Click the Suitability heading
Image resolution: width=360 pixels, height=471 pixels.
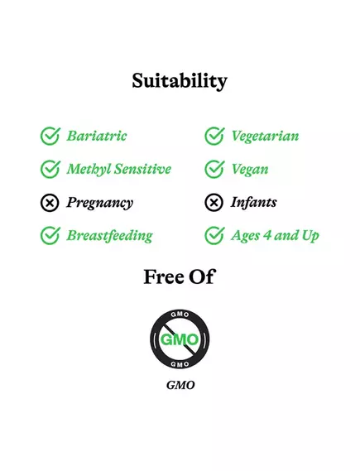coord(180,81)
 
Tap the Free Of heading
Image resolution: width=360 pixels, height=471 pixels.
coord(179,276)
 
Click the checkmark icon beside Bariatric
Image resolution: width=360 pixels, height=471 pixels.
coord(50,136)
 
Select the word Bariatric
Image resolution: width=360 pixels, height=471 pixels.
coord(97,136)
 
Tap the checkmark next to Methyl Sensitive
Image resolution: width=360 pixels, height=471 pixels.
coord(50,169)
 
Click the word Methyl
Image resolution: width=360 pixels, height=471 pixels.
coord(88,169)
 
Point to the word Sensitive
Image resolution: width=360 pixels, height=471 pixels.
coord(142,169)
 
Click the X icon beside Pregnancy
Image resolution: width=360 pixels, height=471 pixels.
coord(50,202)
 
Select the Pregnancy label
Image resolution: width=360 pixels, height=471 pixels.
coord(99,203)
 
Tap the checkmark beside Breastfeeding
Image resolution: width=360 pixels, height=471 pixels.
coord(50,235)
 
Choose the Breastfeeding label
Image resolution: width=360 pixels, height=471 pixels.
coord(109,236)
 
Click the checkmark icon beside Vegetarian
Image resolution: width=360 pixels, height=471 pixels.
coord(214,136)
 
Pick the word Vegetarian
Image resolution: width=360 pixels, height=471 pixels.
coord(265,137)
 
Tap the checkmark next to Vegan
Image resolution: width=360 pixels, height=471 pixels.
coord(214,169)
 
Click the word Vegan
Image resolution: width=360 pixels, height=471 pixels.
coord(250,170)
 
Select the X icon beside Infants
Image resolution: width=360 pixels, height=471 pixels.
coord(214,202)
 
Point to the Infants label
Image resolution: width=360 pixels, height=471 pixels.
coord(254,202)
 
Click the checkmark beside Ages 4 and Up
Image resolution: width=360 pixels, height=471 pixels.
coord(214,235)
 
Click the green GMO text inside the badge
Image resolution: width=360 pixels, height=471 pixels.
coord(180,339)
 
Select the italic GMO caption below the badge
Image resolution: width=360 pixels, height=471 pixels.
coord(180,385)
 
